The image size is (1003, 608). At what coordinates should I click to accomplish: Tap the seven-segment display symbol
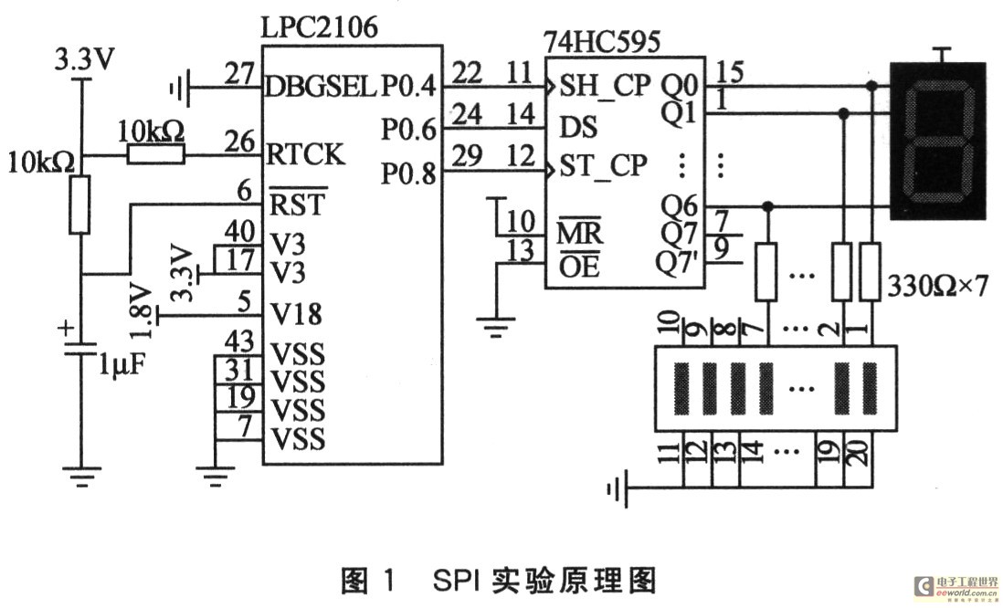click(938, 141)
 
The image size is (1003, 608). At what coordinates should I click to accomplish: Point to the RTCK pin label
click(306, 155)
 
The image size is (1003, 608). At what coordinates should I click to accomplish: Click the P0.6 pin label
click(408, 130)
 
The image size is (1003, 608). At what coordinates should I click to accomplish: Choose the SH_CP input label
click(604, 86)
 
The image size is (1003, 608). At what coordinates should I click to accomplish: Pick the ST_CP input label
click(603, 166)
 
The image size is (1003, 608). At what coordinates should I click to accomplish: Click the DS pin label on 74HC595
click(574, 126)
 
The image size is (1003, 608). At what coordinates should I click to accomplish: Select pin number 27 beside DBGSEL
click(239, 74)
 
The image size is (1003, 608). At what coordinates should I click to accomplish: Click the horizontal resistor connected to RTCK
click(155, 155)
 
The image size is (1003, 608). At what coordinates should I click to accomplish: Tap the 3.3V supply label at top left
click(85, 60)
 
